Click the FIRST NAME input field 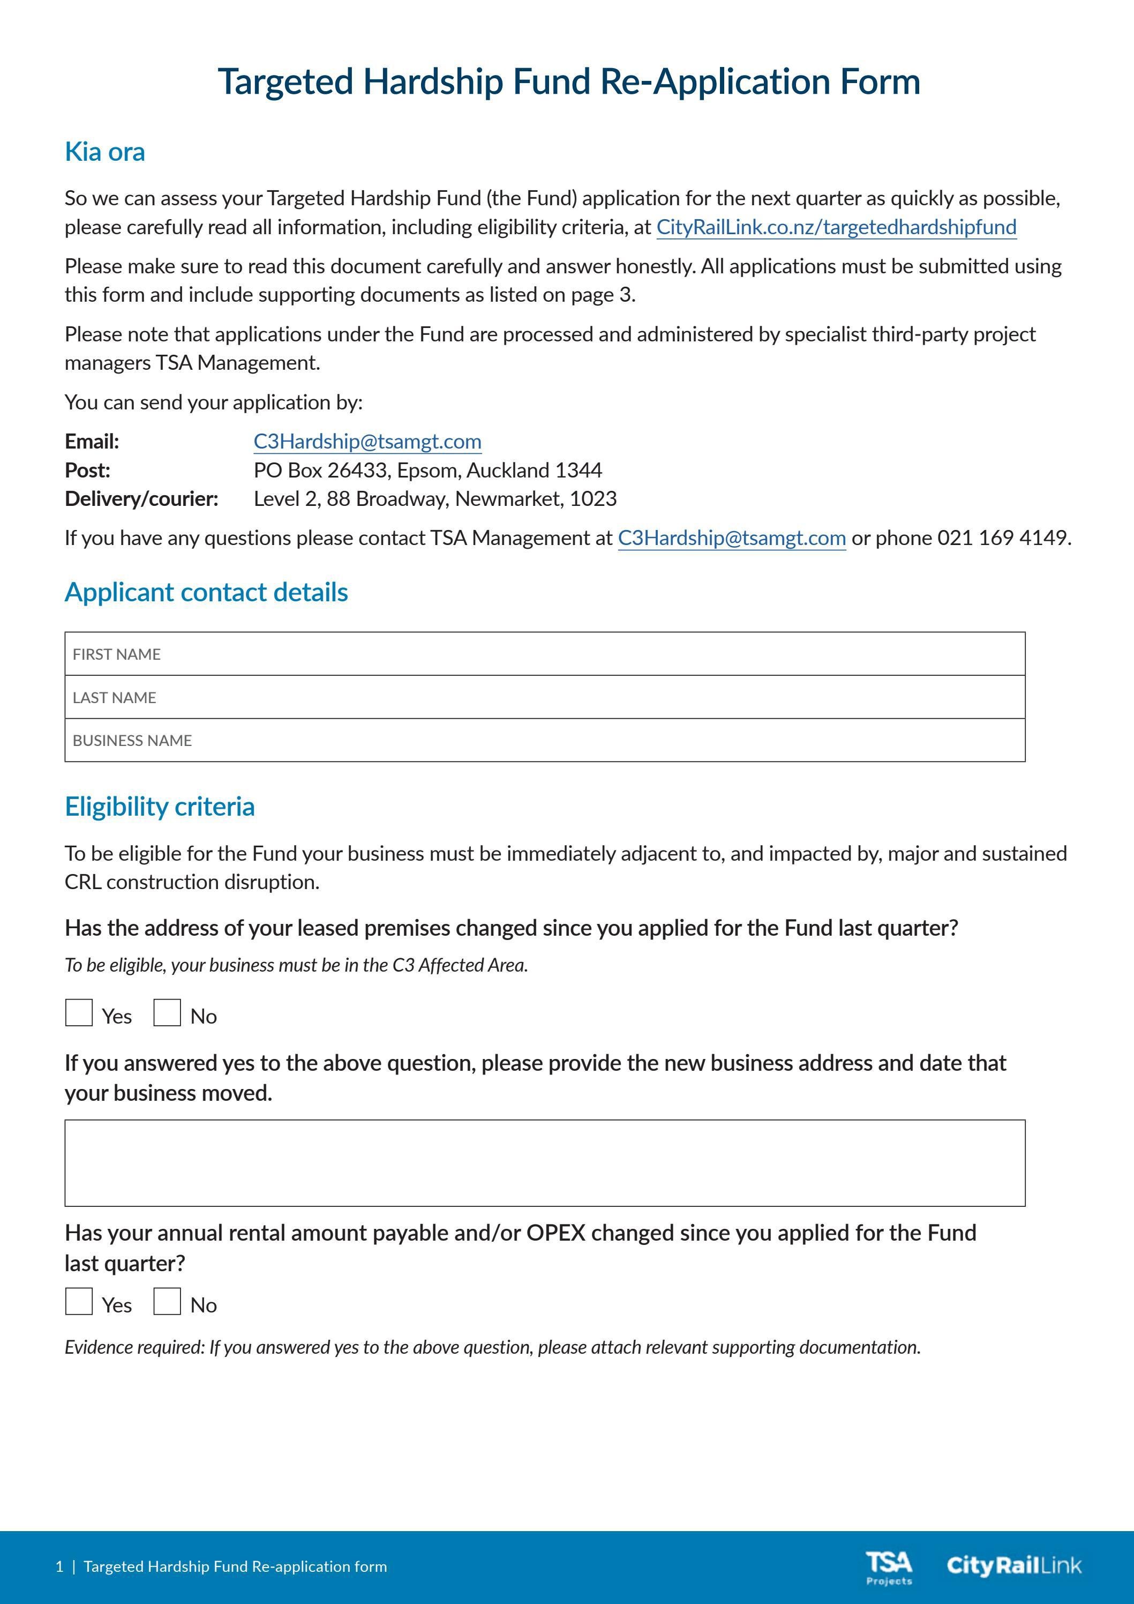545,654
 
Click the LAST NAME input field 545,697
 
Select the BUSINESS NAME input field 545,741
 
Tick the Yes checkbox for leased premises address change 79,1013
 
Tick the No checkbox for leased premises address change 167,1013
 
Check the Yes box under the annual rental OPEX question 79,1302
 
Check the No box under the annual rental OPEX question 167,1302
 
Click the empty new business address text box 545,1163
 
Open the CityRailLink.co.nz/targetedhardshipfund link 836,227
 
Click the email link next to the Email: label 367,442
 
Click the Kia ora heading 105,152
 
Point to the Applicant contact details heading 206,592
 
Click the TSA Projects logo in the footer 889,1568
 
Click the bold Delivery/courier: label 142,499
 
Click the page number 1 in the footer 59,1567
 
